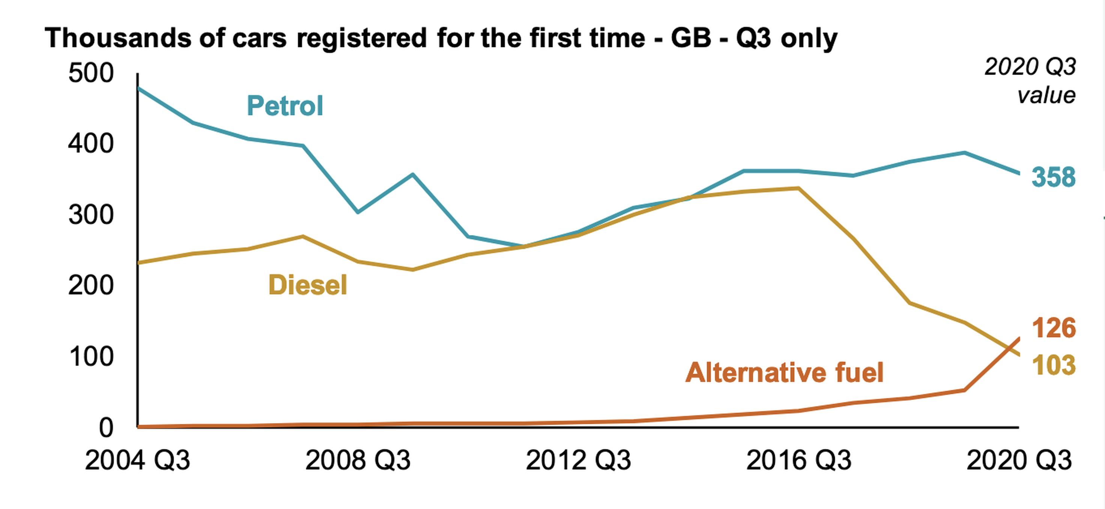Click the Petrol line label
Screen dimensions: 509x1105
click(285, 106)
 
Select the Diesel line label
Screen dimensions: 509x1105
click(308, 285)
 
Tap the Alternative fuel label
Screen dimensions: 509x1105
click(785, 372)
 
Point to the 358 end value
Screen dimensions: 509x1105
click(1053, 177)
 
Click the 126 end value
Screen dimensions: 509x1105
click(1053, 328)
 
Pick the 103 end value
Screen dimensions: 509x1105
click(1053, 365)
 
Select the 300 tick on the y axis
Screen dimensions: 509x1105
click(91, 215)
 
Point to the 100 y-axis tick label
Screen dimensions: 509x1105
click(91, 356)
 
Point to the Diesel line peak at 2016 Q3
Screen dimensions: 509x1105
click(798, 188)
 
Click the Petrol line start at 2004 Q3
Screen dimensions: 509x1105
click(138, 88)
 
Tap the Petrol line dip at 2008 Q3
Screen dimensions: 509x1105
click(358, 212)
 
